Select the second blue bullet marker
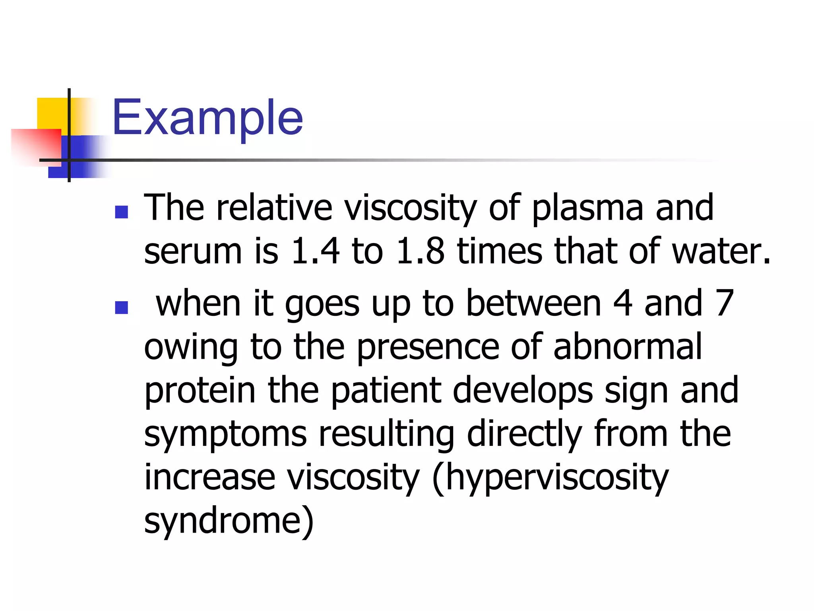click(121, 307)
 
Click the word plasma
click(587, 208)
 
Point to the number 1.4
click(315, 251)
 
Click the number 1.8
click(420, 251)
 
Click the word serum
click(193, 252)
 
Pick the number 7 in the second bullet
click(724, 304)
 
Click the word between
click(533, 304)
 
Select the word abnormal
click(628, 347)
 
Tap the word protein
click(200, 391)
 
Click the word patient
click(386, 391)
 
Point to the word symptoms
click(225, 435)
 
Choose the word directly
click(525, 434)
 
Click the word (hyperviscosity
click(550, 478)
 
